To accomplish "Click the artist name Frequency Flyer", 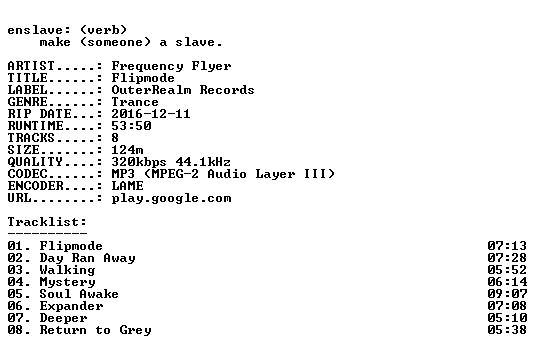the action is click(171, 66).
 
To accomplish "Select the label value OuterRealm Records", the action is click(183, 90).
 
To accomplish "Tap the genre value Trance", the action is click(135, 102).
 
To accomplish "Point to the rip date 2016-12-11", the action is click(151, 114).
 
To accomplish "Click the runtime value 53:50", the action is click(131, 126).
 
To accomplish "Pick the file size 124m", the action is click(127, 150).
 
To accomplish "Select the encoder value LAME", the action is click(127, 186).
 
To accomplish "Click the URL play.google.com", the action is click(171, 199).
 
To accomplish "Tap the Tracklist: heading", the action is click(47, 222).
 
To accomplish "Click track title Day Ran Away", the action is click(88, 258).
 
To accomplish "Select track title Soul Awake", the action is click(79, 294).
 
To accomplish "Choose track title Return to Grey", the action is click(95, 331).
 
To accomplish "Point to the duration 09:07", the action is click(507, 294).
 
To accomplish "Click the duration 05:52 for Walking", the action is click(507, 270).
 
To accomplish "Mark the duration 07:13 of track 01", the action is click(507, 246).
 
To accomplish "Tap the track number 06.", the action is click(15, 306).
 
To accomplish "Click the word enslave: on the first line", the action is click(39, 30).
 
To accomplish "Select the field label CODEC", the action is click(27, 174).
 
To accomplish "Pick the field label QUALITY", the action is click(35, 162).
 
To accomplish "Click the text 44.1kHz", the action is click(203, 162).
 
